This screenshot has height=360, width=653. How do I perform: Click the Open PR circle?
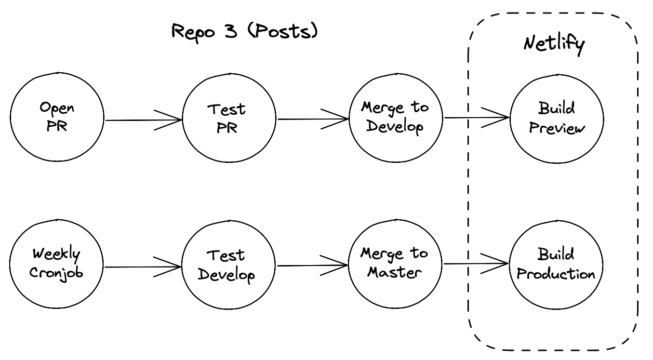pyautogui.click(x=57, y=117)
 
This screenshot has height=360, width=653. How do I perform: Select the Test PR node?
pyautogui.click(x=229, y=118)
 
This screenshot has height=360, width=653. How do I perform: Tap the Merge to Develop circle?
pyautogui.click(x=396, y=118)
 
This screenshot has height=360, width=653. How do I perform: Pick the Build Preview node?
pyautogui.click(x=557, y=119)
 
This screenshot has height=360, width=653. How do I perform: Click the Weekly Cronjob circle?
pyautogui.click(x=56, y=264)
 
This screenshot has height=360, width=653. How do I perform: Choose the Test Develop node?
pyautogui.click(x=228, y=265)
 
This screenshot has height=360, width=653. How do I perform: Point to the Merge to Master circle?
pyautogui.click(x=395, y=264)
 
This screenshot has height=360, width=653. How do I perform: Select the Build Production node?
pyautogui.click(x=556, y=265)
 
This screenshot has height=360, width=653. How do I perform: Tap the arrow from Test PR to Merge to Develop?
pyautogui.click(x=313, y=119)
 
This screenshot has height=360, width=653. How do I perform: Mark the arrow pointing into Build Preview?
pyautogui.click(x=477, y=118)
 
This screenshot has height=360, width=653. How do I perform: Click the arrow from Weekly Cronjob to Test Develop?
pyautogui.click(x=143, y=267)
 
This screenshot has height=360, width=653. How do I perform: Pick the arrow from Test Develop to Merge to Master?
pyautogui.click(x=312, y=266)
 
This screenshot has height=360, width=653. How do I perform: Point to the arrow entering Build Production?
pyautogui.click(x=476, y=264)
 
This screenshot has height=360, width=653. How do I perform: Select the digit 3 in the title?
pyautogui.click(x=231, y=31)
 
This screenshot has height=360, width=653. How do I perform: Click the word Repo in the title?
pyautogui.click(x=193, y=33)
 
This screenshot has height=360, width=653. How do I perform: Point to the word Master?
pyautogui.click(x=394, y=272)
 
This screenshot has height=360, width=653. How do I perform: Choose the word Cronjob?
pyautogui.click(x=56, y=273)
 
